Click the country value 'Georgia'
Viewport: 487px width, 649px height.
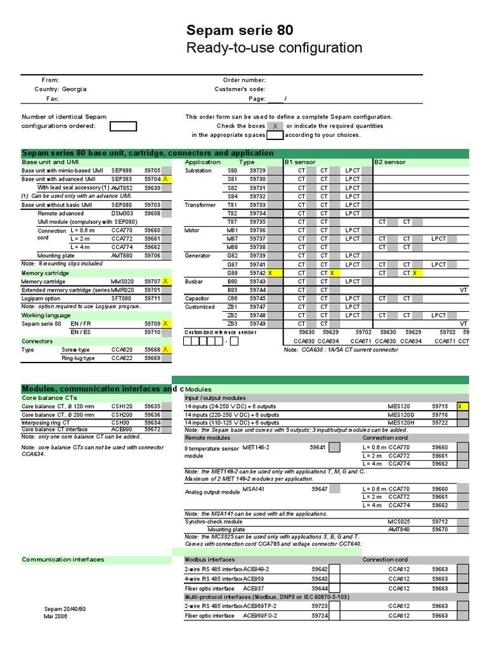coord(74,89)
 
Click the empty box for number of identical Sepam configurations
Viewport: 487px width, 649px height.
coord(123,125)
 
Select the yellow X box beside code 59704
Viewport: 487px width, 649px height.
coord(166,179)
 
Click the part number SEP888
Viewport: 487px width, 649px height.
coord(122,170)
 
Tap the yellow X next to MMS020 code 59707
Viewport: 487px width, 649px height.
coord(166,281)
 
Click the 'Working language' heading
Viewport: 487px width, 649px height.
coord(46,315)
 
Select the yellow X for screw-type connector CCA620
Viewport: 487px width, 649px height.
coord(166,349)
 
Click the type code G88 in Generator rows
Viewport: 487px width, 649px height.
coord(232,273)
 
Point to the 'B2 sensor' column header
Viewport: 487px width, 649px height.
coord(390,162)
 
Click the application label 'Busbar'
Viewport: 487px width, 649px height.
coord(193,281)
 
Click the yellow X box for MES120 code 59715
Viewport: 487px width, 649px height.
coord(462,406)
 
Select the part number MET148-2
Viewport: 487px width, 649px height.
coord(256,447)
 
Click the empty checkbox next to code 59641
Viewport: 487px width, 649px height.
coord(334,447)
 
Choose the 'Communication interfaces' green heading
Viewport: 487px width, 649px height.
coord(63,560)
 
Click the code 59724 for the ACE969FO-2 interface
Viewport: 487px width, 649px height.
coord(320,615)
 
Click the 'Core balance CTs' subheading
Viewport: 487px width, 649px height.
coord(49,397)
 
